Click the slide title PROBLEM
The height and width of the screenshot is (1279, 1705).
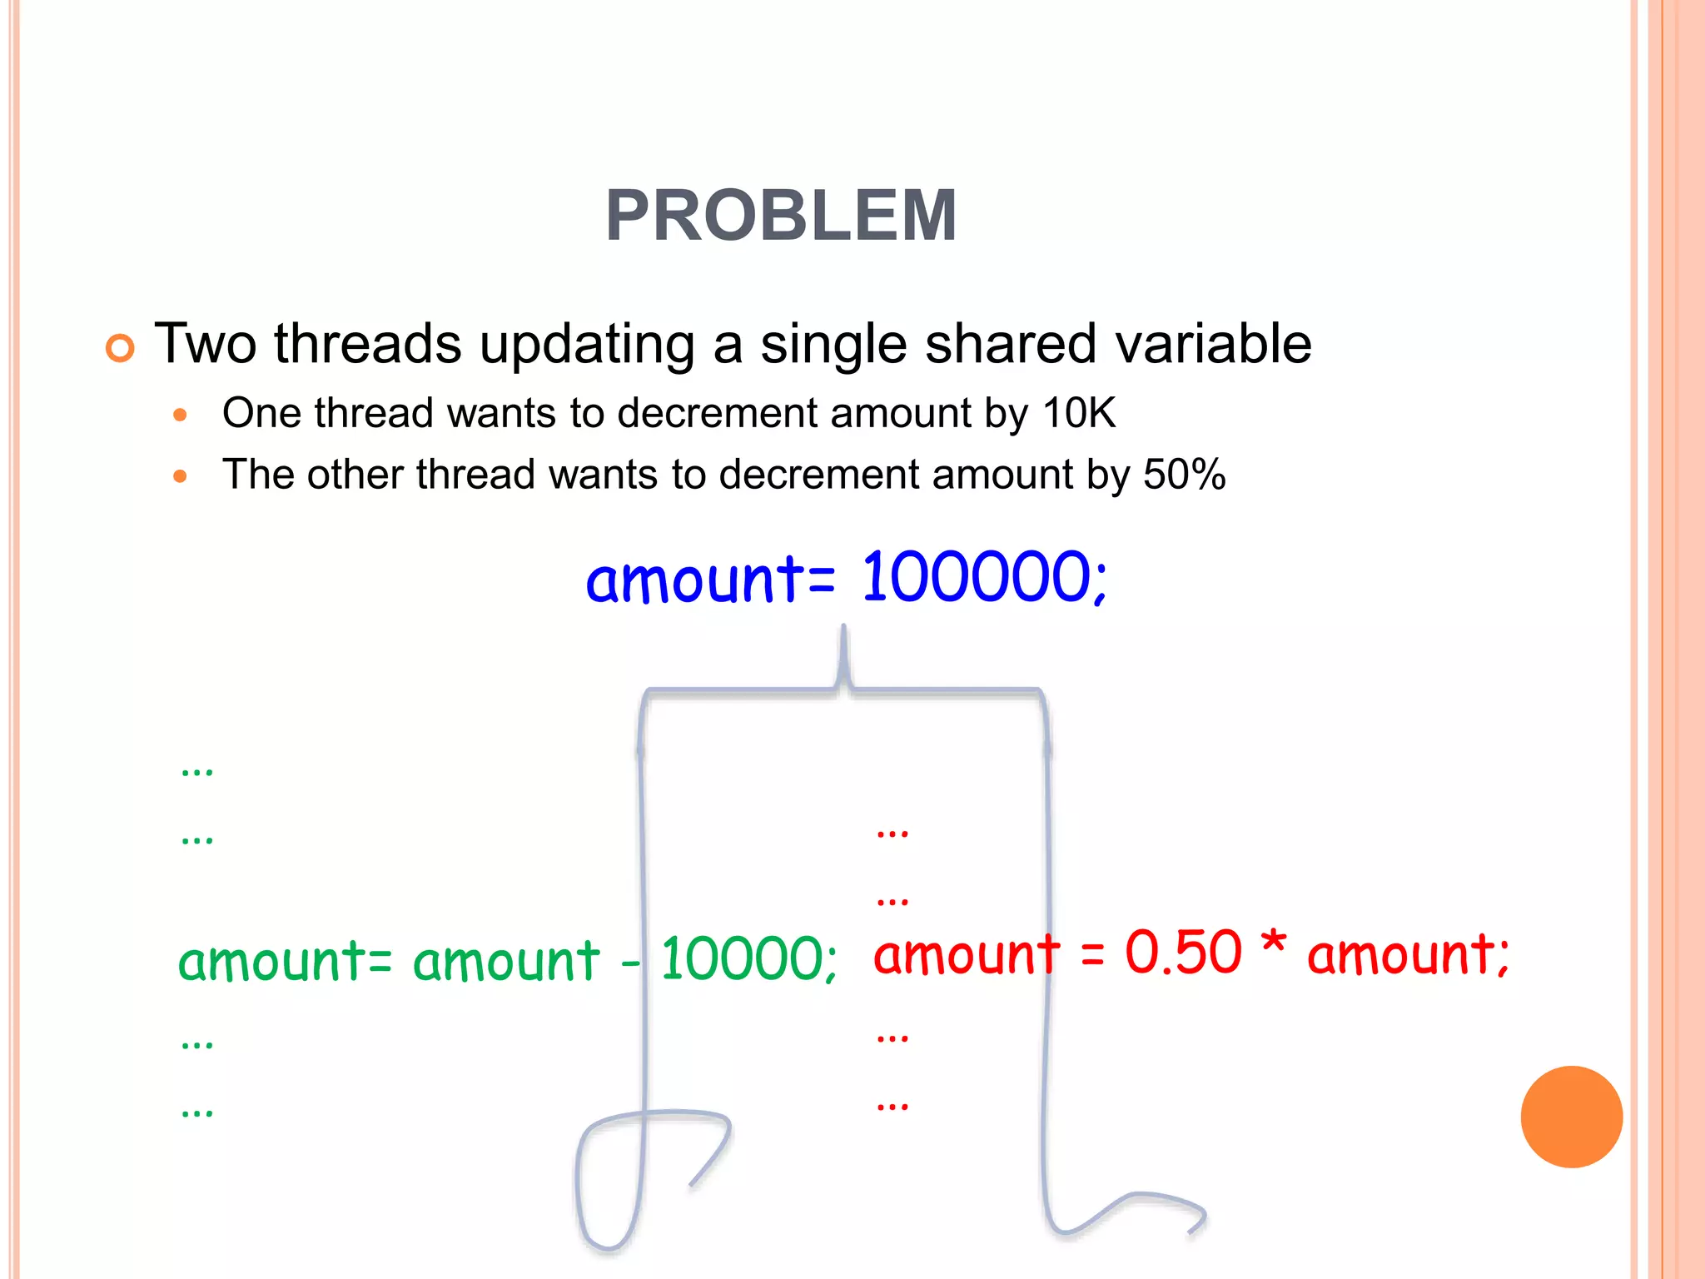pos(781,216)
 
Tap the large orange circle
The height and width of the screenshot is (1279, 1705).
pos(1571,1117)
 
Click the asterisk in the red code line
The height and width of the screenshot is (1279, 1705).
pos(1273,946)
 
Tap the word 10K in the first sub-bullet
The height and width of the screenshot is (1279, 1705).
pos(1079,413)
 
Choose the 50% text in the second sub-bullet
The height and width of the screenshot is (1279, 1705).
pos(1184,475)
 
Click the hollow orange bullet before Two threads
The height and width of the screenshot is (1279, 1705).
pos(120,348)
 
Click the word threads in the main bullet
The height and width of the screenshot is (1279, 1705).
pos(367,343)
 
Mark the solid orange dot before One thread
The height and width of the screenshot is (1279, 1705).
pos(180,415)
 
